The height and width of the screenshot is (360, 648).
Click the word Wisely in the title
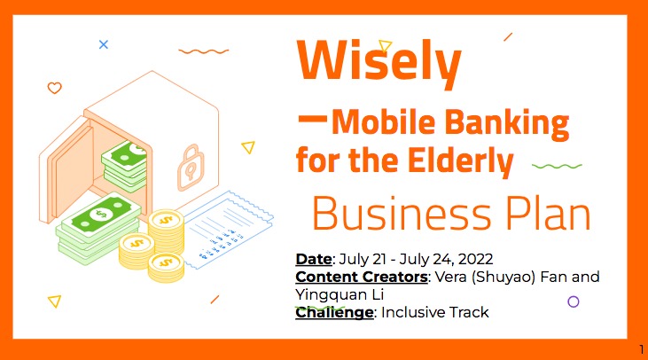[x=379, y=60]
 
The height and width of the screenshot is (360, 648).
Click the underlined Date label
[x=312, y=259]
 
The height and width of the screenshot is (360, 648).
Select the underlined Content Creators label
[x=361, y=277]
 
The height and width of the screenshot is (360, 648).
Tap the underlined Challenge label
[x=334, y=312]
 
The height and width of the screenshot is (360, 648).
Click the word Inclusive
[x=413, y=312]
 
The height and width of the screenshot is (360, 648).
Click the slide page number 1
[x=640, y=348]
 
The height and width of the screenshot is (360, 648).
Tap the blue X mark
[x=104, y=43]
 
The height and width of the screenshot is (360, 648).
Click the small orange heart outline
[x=54, y=88]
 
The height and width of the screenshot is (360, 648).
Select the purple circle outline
[x=573, y=301]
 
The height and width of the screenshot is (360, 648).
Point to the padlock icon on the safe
[x=191, y=163]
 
